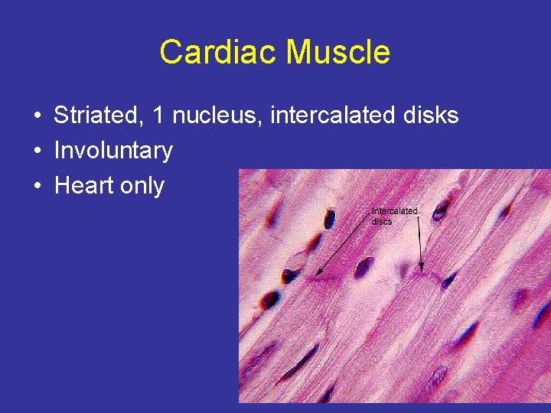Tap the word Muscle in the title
[x=337, y=53]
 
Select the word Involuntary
[x=113, y=151]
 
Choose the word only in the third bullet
[x=142, y=186]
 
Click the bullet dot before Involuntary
[x=37, y=151]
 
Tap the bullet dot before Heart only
[x=37, y=186]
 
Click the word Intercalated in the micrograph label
[x=394, y=210]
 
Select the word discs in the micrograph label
[x=381, y=221]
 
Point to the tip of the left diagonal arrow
[x=316, y=275]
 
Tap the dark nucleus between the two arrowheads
[x=364, y=267]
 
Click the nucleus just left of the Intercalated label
[x=329, y=219]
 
